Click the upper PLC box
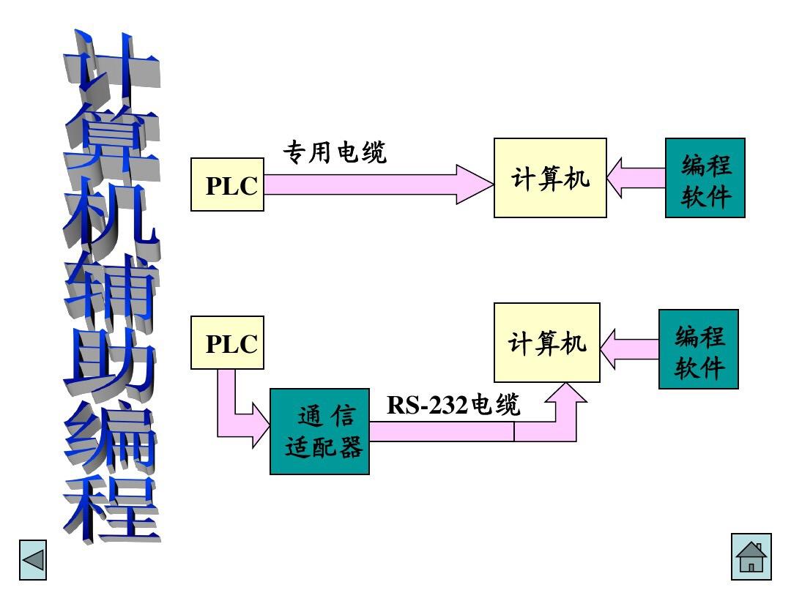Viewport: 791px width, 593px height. pyautogui.click(x=227, y=184)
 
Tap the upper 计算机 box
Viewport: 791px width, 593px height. pyautogui.click(x=550, y=178)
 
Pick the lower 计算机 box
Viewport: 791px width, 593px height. pyautogui.click(x=546, y=343)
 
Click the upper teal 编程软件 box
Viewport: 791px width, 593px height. pyautogui.click(x=705, y=178)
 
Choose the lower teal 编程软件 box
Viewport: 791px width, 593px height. pyautogui.click(x=698, y=349)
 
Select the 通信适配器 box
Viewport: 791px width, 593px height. pyautogui.click(x=319, y=431)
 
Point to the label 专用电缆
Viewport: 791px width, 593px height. pyautogui.click(x=334, y=152)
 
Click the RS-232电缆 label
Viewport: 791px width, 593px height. pyautogui.click(x=453, y=404)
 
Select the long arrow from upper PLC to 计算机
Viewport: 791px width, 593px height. pyautogui.click(x=377, y=184)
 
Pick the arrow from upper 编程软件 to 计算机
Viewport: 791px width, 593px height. pyautogui.click(x=634, y=178)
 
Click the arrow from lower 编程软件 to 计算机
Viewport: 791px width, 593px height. pyautogui.click(x=628, y=349)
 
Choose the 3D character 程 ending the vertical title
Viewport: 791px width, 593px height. pyautogui.click(x=110, y=505)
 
